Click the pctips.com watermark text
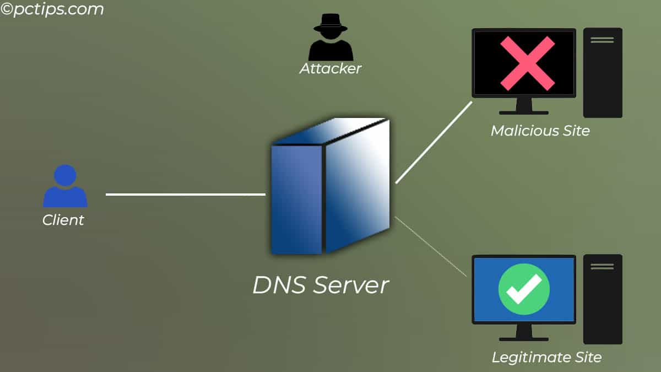(52, 9)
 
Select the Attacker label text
(330, 69)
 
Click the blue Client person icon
(65, 187)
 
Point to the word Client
(63, 220)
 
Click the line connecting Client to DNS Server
(185, 194)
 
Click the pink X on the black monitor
(527, 63)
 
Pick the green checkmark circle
(524, 289)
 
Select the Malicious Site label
(540, 131)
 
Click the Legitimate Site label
(546, 357)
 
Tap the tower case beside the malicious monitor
(603, 73)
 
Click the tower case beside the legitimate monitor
(603, 299)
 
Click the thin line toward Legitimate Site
(431, 246)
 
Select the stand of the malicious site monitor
(524, 106)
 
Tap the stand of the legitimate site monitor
(524, 332)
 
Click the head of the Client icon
(66, 175)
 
